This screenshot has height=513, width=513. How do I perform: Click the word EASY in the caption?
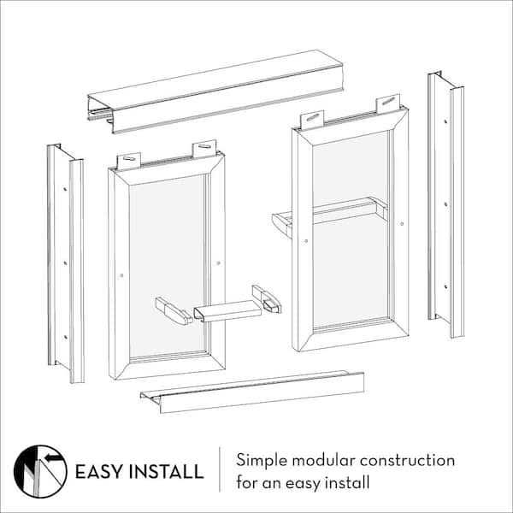pyautogui.click(x=99, y=471)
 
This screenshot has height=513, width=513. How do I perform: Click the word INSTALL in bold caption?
pyautogui.click(x=167, y=471)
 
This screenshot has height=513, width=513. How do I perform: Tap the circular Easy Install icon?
pyautogui.click(x=40, y=471)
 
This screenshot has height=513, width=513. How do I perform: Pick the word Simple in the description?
pyautogui.click(x=262, y=462)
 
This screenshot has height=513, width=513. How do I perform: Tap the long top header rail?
pyautogui.click(x=215, y=91)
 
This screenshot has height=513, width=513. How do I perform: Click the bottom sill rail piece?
pyautogui.click(x=252, y=392)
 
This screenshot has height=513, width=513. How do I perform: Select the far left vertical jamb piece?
pyautogui.click(x=66, y=263)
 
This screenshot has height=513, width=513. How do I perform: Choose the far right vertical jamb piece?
pyautogui.click(x=446, y=204)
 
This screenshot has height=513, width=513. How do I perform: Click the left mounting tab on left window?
pyautogui.click(x=129, y=161)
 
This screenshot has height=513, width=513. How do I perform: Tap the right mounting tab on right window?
pyautogui.click(x=388, y=103)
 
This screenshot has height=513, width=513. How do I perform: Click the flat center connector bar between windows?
pyautogui.click(x=227, y=311)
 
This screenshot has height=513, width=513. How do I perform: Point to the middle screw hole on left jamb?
pyautogui.click(x=65, y=263)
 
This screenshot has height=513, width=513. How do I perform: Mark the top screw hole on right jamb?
pyautogui.click(x=445, y=121)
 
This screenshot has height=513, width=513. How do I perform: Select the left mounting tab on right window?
pyautogui.click(x=312, y=120)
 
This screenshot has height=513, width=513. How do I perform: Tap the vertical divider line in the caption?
pyautogui.click(x=220, y=469)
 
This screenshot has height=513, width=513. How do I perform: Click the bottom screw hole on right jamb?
pyautogui.click(x=445, y=287)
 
